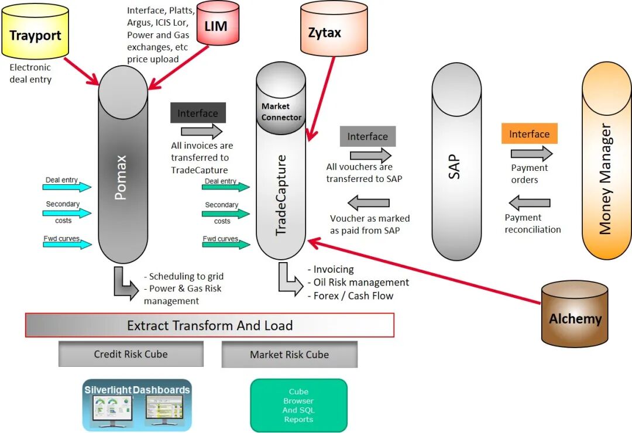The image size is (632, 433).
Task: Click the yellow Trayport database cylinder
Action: (36, 36)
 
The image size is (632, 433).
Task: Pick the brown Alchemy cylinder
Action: (575, 315)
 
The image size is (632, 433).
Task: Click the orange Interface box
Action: (529, 134)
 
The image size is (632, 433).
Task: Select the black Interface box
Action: (198, 113)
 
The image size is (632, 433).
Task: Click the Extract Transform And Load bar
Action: (209, 325)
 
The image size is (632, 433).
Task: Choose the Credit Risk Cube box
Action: (130, 354)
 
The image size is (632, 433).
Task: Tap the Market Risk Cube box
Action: (289, 355)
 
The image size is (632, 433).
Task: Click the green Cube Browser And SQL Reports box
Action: (298, 405)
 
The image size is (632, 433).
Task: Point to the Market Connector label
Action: (281, 112)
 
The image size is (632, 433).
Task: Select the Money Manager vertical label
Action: (606, 178)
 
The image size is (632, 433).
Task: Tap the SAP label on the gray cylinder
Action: (455, 167)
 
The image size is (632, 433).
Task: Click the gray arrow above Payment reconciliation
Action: (529, 204)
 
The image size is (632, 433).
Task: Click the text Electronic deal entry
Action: (30, 73)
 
